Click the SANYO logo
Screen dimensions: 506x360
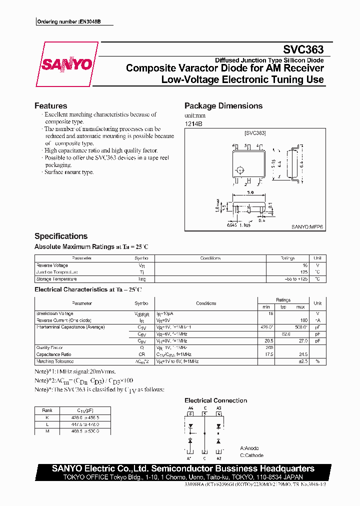(x=66, y=64)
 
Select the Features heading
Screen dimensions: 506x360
(x=50, y=106)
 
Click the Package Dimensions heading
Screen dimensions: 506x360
(x=223, y=106)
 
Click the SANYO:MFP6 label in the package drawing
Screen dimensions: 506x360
(x=307, y=226)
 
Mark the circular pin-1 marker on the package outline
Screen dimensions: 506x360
(x=239, y=169)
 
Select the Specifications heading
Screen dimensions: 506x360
(x=60, y=236)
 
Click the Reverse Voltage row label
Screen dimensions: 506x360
(x=52, y=265)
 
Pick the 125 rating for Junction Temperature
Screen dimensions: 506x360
(x=303, y=272)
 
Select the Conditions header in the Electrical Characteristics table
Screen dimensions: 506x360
(x=206, y=303)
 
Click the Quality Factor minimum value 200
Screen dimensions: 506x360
(x=269, y=347)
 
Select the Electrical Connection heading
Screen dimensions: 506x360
(x=215, y=400)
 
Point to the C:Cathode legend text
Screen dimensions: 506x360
(x=251, y=455)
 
